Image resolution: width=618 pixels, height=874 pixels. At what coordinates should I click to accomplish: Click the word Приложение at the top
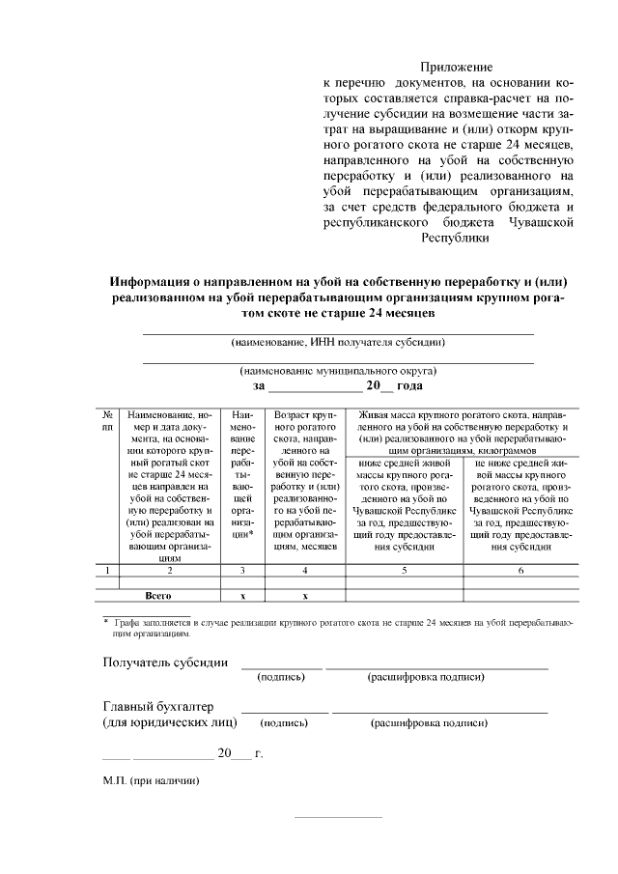(456, 68)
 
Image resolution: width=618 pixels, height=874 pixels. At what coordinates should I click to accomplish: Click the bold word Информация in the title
(154, 281)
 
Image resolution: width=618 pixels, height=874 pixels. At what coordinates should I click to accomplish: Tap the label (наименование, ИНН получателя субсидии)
(337, 342)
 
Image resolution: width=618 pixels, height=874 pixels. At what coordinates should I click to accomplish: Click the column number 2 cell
(169, 570)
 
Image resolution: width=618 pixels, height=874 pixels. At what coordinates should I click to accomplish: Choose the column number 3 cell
(243, 570)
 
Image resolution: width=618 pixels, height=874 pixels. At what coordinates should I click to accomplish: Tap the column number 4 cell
(304, 570)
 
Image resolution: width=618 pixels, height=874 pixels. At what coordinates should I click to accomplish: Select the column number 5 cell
(405, 570)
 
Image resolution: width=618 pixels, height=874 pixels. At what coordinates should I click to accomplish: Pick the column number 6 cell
(520, 570)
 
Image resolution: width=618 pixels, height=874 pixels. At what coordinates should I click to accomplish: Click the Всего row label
(158, 596)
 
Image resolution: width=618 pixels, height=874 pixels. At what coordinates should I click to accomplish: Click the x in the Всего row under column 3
(243, 596)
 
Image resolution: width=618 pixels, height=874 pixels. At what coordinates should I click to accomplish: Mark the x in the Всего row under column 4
(304, 596)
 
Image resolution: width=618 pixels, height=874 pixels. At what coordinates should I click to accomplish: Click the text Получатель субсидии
(165, 663)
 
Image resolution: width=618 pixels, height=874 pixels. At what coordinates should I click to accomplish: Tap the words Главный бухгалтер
(158, 707)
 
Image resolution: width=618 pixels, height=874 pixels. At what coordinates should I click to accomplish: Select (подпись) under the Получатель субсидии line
(282, 678)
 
